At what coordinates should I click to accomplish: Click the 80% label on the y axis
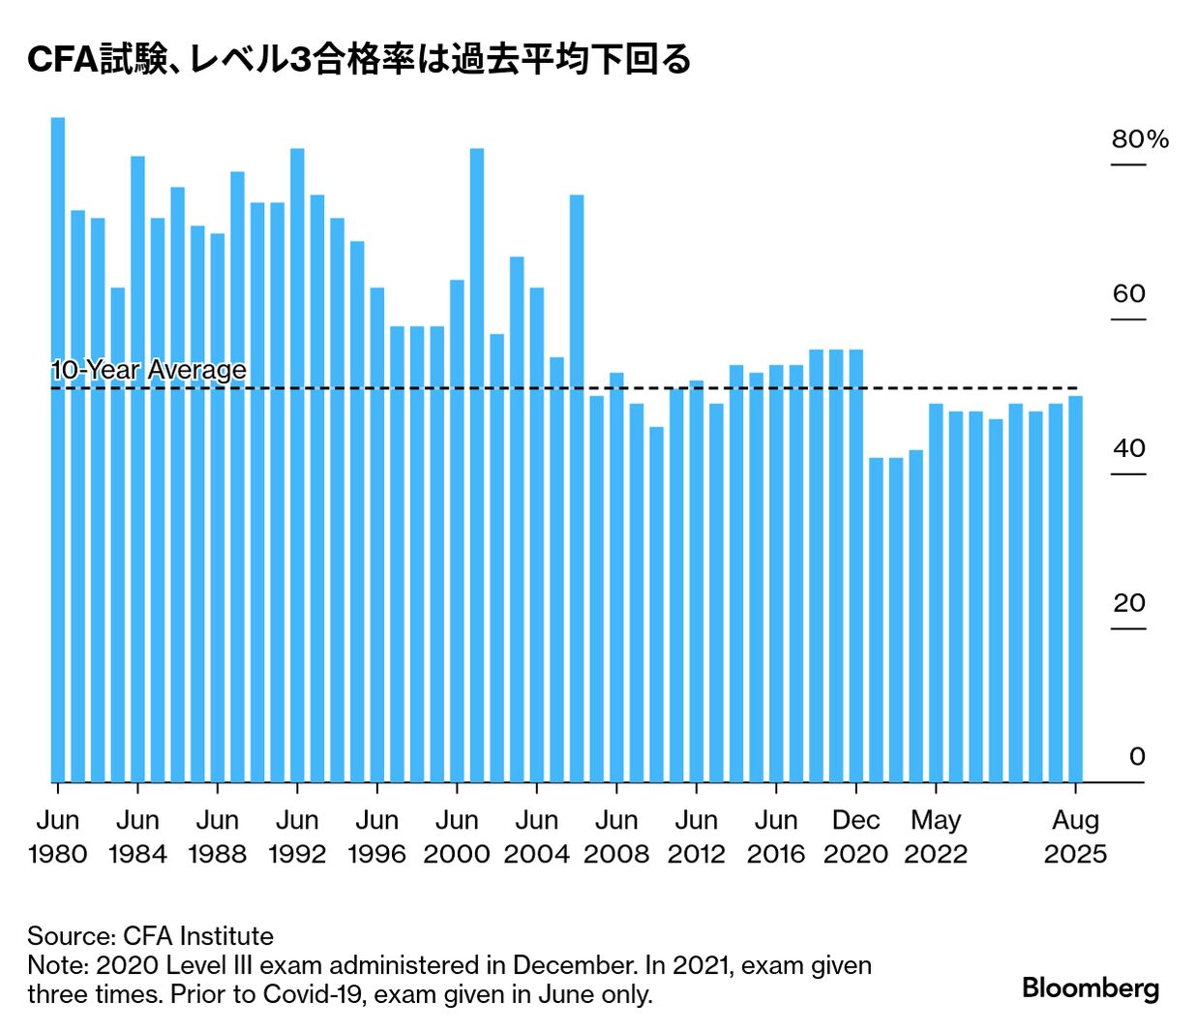1139,139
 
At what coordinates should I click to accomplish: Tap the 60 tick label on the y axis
1128,294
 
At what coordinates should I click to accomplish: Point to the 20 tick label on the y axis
1128,603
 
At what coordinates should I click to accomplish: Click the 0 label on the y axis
1136,757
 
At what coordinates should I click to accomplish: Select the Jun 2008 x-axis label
616,836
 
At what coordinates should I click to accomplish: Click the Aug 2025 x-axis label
1075,836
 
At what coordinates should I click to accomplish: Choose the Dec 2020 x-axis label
855,836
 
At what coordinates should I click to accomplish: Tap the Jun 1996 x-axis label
376,836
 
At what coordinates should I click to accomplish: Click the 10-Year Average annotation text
148,370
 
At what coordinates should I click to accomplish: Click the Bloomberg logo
1090,988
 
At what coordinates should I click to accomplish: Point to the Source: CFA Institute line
150,936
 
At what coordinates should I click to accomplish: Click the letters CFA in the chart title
62,60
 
